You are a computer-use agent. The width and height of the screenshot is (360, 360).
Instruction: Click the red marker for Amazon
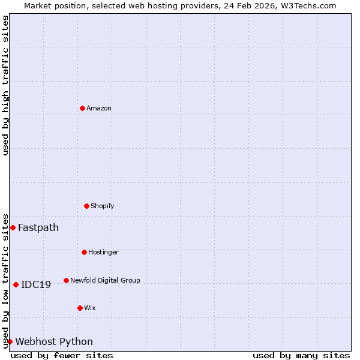[82, 108]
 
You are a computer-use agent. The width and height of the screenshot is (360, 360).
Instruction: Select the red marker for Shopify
[86, 206]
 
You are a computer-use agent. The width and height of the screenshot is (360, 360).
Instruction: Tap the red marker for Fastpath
[13, 227]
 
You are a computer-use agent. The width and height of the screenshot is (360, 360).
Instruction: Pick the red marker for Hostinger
[84, 252]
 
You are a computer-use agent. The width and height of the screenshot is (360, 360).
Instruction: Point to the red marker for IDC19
[16, 284]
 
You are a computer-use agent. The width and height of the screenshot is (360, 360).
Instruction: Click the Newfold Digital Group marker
[66, 280]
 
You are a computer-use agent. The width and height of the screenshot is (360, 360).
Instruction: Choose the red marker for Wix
[80, 308]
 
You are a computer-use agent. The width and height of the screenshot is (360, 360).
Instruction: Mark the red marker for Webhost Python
[10, 341]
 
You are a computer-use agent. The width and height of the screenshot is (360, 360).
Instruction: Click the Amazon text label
[99, 109]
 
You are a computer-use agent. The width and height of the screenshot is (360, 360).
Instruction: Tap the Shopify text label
[103, 206]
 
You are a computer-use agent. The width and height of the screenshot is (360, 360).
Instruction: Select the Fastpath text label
[38, 228]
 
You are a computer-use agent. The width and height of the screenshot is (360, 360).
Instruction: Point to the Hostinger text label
[103, 253]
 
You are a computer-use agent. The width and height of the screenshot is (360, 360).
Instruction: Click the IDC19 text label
[36, 285]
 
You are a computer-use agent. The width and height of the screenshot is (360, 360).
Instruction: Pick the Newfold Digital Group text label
[105, 281]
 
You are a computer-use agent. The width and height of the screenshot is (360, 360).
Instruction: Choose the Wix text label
[90, 308]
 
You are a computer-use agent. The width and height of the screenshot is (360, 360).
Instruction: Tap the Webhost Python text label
[54, 342]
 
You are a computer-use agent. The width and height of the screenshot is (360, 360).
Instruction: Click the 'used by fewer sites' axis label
[62, 355]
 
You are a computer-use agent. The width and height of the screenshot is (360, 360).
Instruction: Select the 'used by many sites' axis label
[301, 355]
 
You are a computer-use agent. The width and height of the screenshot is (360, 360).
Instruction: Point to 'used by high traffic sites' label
[5, 85]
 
